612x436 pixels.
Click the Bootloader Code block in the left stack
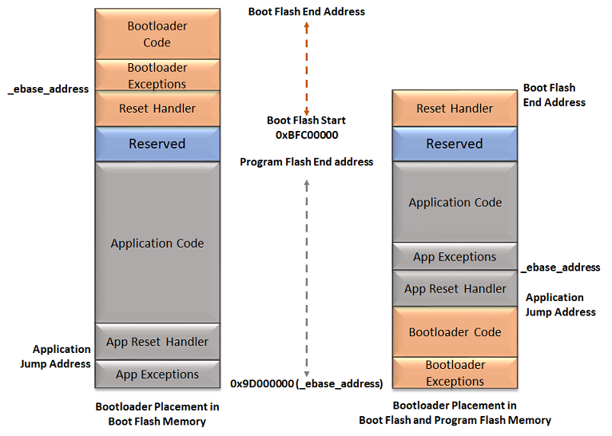pos(157,34)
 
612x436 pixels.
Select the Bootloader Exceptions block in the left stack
pos(157,75)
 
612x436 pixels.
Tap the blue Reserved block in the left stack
pos(157,144)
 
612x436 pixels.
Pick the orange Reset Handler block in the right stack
pos(455,109)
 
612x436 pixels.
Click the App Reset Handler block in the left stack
pos(157,342)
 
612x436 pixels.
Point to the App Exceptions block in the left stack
pos(157,374)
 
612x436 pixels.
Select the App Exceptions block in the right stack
pos(455,257)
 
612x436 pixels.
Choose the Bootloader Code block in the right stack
pos(455,332)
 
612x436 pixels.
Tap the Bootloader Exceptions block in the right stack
pos(455,373)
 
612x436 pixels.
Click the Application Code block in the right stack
pos(455,203)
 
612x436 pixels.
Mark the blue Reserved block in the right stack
pos(455,144)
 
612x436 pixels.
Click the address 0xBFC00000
pos(307,135)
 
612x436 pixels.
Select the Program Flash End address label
pos(307,162)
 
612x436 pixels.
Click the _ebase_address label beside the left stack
pos(48,89)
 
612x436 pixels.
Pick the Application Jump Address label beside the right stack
pos(560,304)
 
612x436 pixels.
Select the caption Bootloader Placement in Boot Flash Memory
pos(157,414)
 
